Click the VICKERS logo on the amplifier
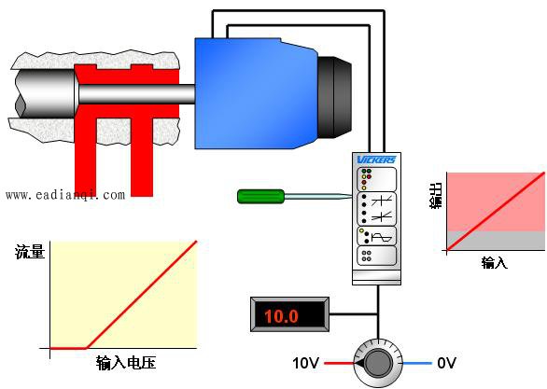[x=376, y=160]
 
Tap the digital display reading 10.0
[x=289, y=314]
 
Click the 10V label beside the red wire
[x=305, y=363]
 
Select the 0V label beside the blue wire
[x=446, y=363]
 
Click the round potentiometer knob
[x=378, y=363]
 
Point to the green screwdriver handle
[x=261, y=196]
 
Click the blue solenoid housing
[x=257, y=93]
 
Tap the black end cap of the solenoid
[x=334, y=96]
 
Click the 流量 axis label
[x=30, y=251]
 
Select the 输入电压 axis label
[x=126, y=363]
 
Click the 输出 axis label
[x=436, y=196]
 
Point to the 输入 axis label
[x=495, y=262]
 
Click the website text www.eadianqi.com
[x=65, y=195]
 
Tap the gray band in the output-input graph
[x=496, y=241]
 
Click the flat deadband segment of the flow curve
[x=68, y=348]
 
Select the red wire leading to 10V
[x=340, y=363]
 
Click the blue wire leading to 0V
[x=417, y=363]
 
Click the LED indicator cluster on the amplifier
[x=366, y=179]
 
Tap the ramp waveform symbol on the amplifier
[x=384, y=238]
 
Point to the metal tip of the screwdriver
[x=318, y=197]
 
